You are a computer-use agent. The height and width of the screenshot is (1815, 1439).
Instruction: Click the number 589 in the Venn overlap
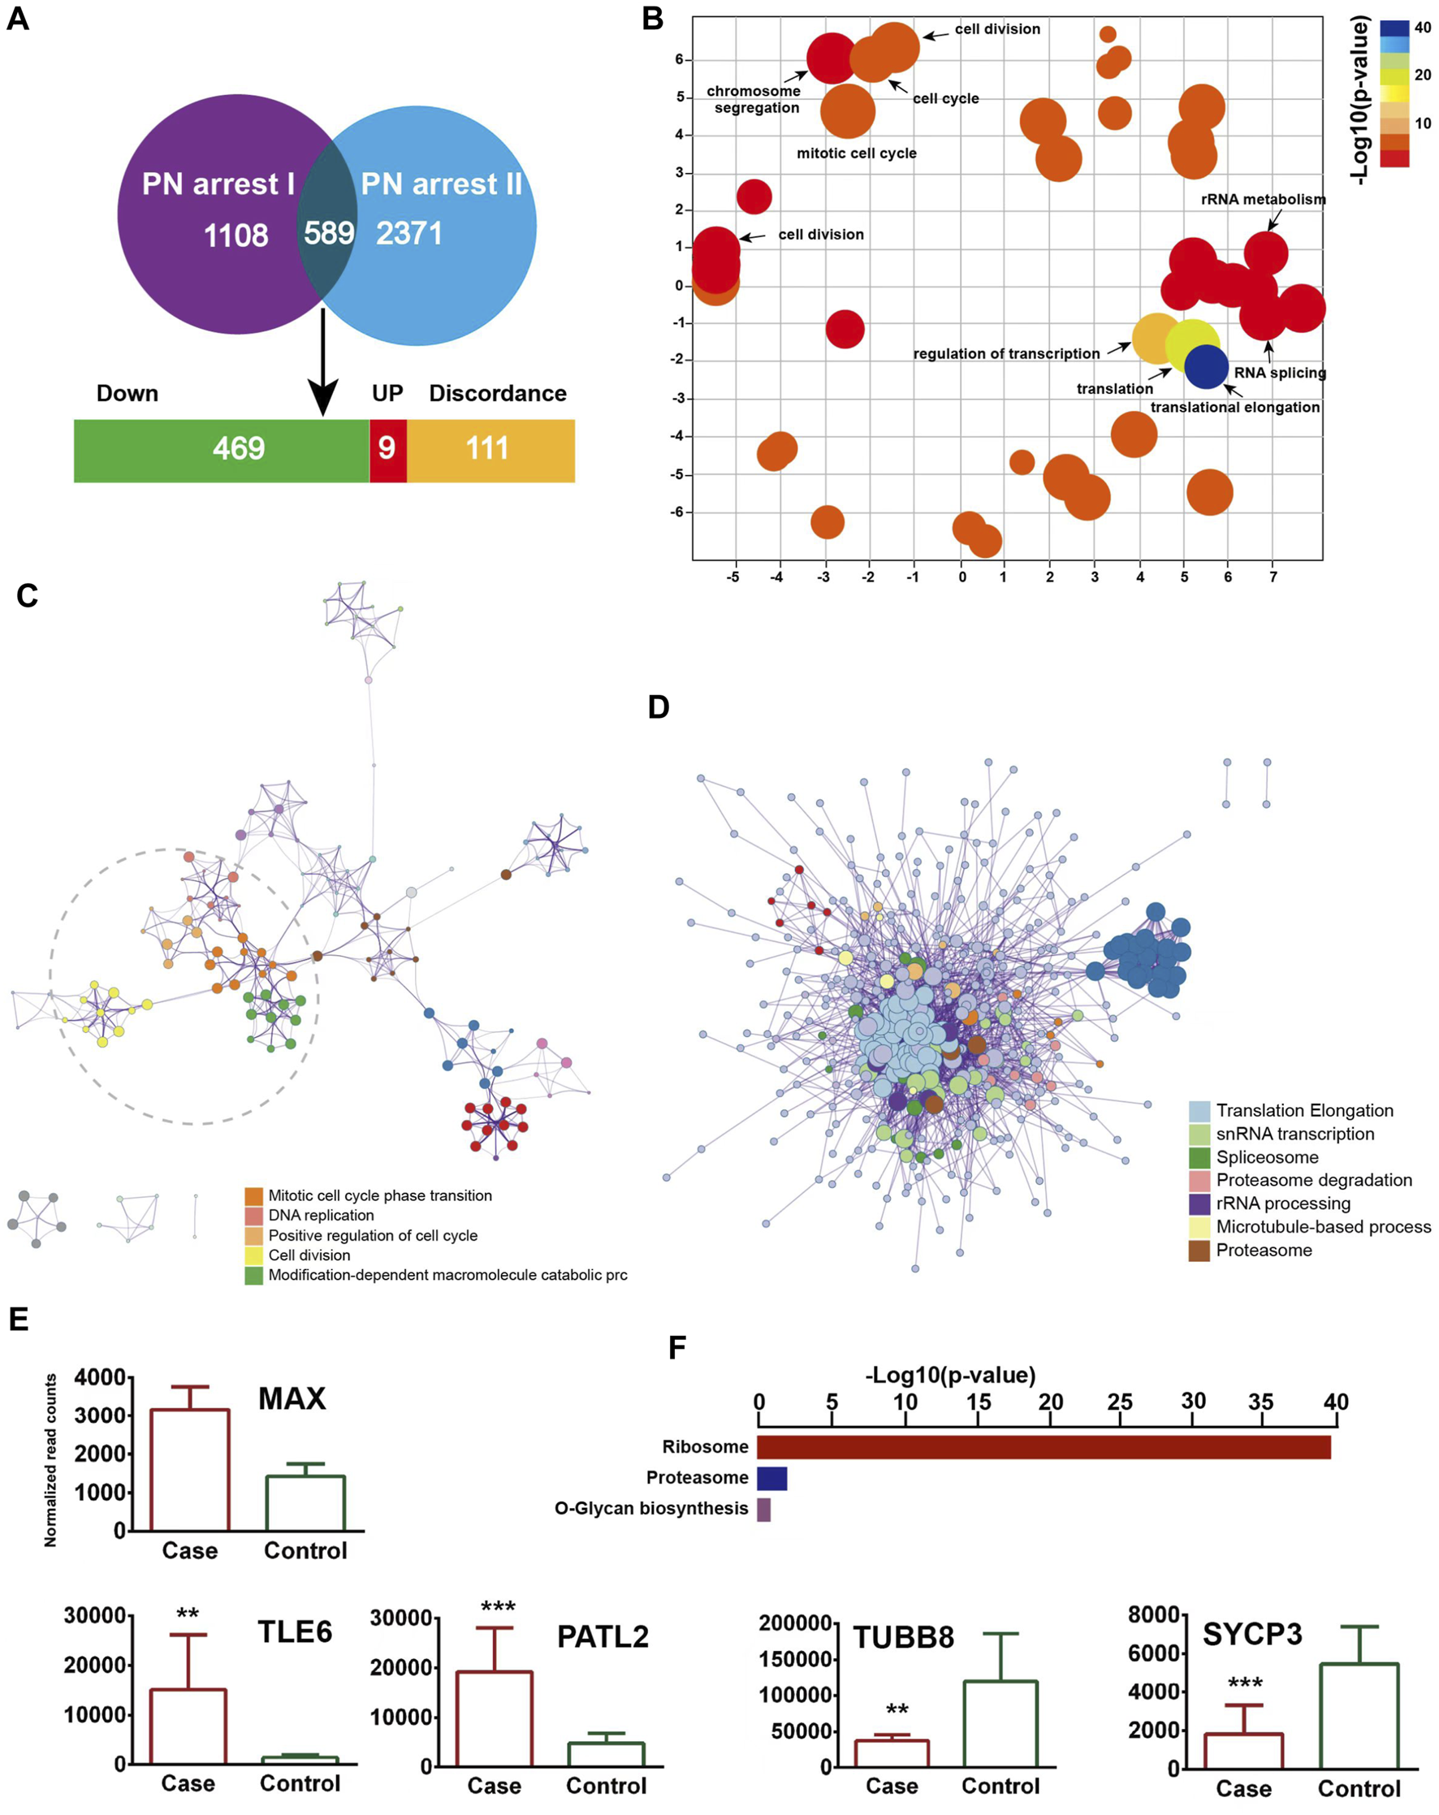[328, 233]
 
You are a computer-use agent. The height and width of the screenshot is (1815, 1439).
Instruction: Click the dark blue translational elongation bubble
[1206, 366]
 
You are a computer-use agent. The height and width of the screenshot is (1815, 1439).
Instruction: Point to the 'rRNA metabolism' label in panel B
[1262, 200]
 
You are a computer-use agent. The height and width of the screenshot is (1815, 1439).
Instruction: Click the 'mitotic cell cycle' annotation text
[856, 153]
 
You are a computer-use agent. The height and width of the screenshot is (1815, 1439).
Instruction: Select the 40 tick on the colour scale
[1422, 28]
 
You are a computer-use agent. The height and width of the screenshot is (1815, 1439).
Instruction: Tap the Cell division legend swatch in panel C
[253, 1255]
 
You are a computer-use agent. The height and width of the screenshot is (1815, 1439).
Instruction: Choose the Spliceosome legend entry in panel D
[1266, 1157]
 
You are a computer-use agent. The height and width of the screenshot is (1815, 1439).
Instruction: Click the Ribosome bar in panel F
[1044, 1447]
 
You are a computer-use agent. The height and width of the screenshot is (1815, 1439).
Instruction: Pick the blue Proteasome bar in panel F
[771, 1478]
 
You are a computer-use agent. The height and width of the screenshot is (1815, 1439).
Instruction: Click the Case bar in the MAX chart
[189, 1469]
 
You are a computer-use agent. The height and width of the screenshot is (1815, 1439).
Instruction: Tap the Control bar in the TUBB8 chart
[1000, 1722]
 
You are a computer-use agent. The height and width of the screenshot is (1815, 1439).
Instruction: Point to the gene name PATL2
[603, 1636]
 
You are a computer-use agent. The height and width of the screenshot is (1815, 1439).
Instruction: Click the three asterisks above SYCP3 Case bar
[1244, 1683]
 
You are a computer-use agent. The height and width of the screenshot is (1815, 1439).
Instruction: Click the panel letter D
[659, 707]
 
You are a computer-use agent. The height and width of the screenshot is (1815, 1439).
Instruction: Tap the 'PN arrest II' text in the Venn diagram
[441, 184]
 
